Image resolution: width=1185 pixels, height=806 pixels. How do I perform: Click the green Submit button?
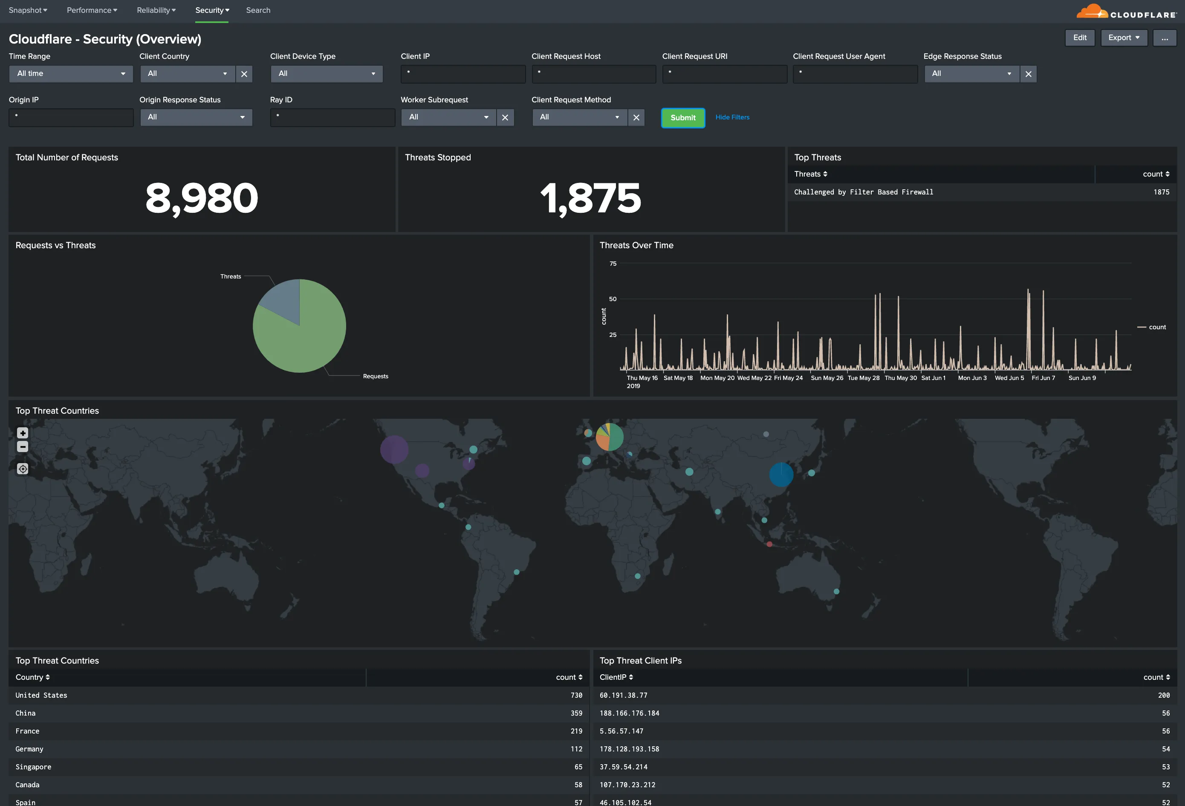683,118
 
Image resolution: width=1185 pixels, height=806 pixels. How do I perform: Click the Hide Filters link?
732,117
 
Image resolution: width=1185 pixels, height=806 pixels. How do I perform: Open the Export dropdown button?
1123,38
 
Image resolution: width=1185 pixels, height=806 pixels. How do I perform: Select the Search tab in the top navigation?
258,10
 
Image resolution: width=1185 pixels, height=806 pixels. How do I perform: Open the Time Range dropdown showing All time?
71,73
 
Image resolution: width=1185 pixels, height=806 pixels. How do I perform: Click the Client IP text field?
463,73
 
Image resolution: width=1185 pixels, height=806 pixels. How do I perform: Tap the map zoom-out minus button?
23,447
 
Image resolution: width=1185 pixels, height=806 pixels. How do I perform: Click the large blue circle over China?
780,474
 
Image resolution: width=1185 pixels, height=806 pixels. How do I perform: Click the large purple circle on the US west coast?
394,449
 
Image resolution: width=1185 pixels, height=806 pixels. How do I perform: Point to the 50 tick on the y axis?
613,299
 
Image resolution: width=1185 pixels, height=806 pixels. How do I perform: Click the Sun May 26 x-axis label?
827,378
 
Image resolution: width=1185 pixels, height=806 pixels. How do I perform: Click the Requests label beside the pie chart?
375,377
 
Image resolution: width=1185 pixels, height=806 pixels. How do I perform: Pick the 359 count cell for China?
576,713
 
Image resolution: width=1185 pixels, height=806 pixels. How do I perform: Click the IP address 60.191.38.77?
623,695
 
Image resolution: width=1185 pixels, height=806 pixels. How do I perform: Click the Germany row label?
29,749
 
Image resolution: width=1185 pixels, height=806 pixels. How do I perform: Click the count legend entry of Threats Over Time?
1156,327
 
